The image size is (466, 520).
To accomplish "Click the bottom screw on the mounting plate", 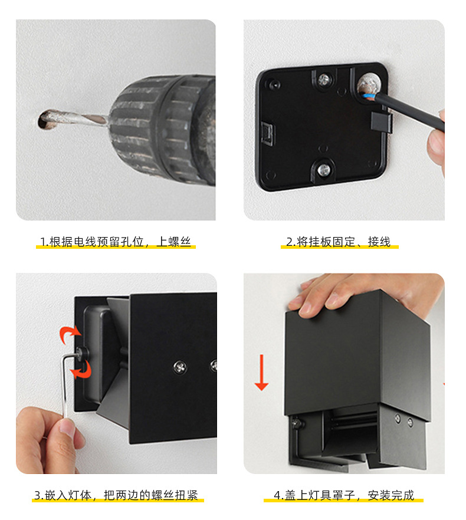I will click(323, 170).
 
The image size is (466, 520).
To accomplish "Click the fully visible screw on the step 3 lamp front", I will click(178, 367).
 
